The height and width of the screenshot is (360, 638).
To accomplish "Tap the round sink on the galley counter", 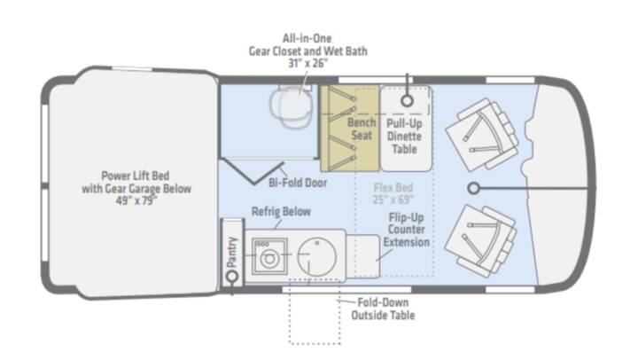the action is (x=316, y=257).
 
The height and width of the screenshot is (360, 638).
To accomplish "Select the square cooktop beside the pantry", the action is (x=269, y=257).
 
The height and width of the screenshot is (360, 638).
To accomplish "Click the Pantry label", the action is (x=231, y=253).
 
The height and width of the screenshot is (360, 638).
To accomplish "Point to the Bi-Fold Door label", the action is (x=298, y=183).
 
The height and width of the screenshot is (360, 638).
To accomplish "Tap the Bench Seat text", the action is (x=362, y=129).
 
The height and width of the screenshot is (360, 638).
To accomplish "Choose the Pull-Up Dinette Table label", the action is (x=404, y=136).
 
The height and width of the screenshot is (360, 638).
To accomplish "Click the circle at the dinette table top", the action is (x=407, y=100).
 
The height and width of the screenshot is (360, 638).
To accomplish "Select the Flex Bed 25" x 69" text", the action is (x=393, y=193).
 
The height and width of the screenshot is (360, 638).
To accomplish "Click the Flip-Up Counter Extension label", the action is (x=406, y=230).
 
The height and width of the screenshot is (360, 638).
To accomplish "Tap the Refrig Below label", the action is (x=281, y=211).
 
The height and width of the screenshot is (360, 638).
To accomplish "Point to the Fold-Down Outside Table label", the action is (x=383, y=309).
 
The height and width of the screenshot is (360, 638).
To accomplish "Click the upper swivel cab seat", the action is (x=482, y=134).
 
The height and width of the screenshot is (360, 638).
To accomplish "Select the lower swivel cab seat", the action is (x=481, y=240).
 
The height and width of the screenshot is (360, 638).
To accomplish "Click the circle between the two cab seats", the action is (x=473, y=188).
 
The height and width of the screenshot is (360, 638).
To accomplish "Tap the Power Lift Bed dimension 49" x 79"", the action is (x=136, y=200).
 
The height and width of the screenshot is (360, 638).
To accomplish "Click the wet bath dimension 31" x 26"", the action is (x=307, y=63).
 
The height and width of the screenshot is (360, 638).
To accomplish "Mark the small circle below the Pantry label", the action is (x=232, y=277).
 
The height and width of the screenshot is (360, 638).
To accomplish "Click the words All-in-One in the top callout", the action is (x=307, y=38).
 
